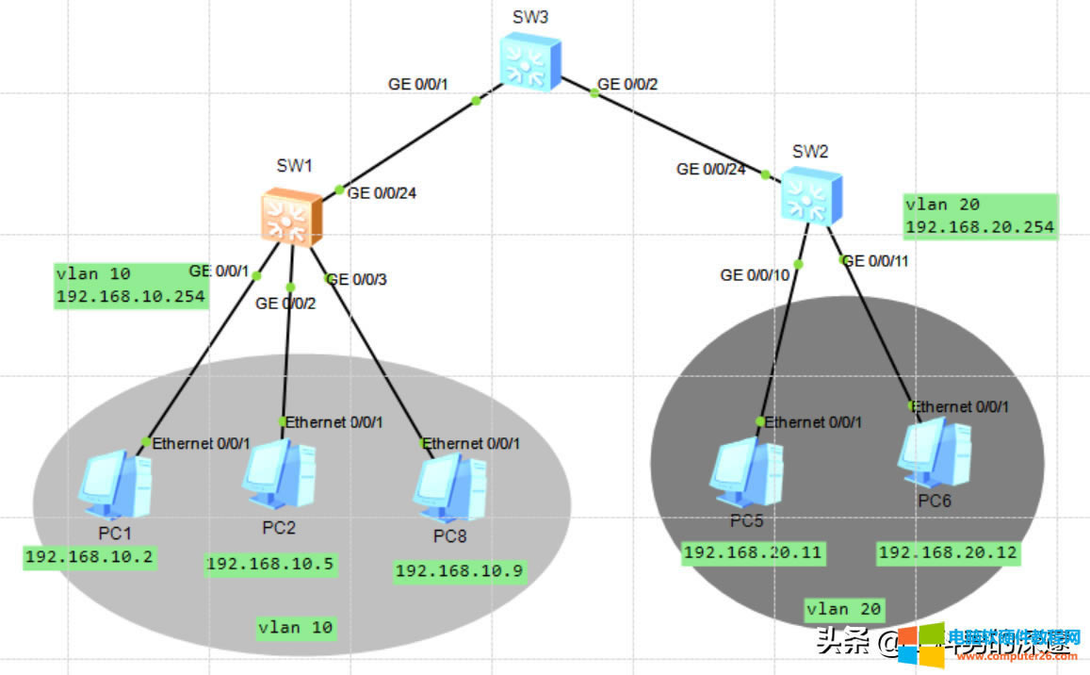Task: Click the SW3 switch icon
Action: (x=529, y=63)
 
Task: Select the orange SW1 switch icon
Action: (x=291, y=217)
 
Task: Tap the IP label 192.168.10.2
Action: (x=89, y=556)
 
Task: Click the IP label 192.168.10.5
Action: (x=269, y=564)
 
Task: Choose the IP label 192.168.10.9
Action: (x=459, y=570)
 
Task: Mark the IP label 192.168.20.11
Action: (x=753, y=552)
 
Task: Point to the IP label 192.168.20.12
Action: (x=949, y=553)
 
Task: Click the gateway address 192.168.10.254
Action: (x=131, y=296)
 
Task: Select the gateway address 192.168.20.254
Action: (x=979, y=227)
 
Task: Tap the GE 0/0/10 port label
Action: (x=756, y=275)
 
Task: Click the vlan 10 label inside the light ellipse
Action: (x=295, y=627)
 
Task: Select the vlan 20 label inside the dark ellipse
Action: (x=844, y=610)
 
